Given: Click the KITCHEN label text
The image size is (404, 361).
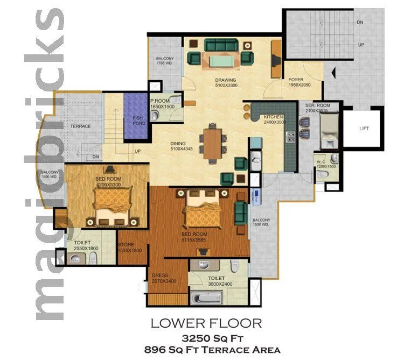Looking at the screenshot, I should (274, 117).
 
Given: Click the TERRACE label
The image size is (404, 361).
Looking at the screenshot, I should (80, 126).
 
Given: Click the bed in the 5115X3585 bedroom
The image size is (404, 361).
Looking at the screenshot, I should (203, 211).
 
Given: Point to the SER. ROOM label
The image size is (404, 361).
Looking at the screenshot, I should (317, 105).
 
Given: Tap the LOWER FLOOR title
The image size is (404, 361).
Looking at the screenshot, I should (206, 323).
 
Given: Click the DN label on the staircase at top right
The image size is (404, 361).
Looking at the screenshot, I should (359, 23).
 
